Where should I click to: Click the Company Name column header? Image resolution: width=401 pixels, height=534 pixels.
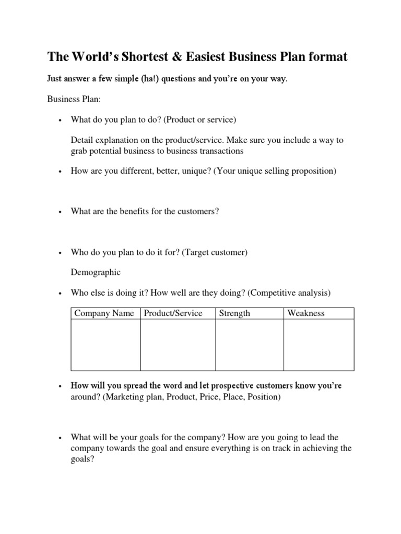tap(104, 313)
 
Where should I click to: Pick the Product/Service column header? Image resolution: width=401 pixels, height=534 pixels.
tap(173, 313)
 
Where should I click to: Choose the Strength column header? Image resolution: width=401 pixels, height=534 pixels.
tap(234, 313)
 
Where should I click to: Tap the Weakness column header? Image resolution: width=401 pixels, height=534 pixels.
tap(306, 313)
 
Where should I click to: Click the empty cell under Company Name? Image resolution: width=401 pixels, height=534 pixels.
tap(105, 345)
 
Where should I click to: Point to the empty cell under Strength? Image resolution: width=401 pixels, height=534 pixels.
tap(249, 345)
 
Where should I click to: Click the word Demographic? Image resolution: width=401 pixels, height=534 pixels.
tap(96, 272)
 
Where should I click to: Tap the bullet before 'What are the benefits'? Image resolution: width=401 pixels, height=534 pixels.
tap(61, 212)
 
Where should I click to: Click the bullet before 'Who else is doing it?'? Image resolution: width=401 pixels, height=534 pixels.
tap(61, 294)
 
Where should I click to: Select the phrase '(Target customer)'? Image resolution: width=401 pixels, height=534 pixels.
tap(215, 252)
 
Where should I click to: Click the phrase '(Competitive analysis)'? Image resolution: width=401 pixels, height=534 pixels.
tap(289, 293)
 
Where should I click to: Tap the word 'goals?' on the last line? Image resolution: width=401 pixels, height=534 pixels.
tap(82, 459)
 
